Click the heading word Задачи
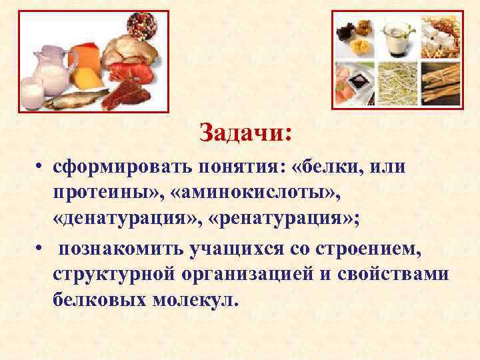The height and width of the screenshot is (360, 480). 245,132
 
